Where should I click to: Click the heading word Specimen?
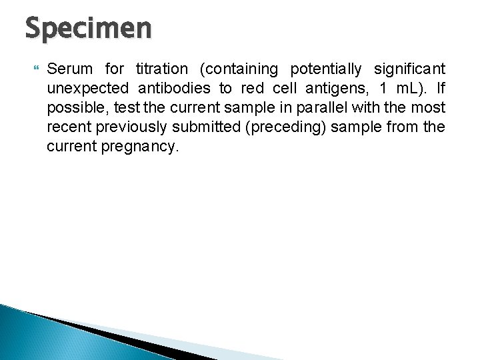[89, 30]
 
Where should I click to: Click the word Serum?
[71, 69]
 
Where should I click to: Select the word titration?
[162, 69]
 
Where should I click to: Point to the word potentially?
[326, 69]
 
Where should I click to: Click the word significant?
[410, 69]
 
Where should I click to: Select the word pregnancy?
[141, 146]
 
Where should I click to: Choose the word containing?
[238, 69]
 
